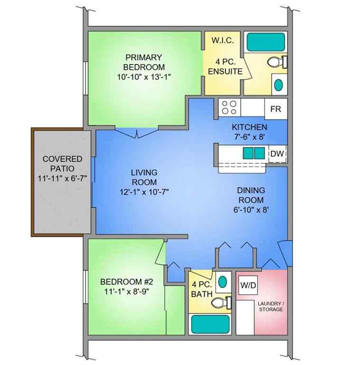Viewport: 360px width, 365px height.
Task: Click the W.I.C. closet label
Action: click(223, 40)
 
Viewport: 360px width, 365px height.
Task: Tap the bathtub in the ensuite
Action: click(265, 41)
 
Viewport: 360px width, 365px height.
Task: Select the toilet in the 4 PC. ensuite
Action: click(276, 62)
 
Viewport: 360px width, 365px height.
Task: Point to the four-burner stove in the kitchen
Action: click(229, 107)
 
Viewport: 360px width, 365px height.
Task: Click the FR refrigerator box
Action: click(275, 109)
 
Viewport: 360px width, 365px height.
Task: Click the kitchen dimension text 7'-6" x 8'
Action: click(249, 136)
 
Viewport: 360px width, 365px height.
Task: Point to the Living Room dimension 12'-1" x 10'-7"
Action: click(144, 192)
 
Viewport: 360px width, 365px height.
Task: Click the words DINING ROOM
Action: click(251, 195)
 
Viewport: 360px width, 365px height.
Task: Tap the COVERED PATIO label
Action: click(62, 163)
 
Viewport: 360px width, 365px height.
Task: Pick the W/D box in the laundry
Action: click(247, 287)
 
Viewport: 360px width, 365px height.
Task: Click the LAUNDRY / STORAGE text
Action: click(270, 306)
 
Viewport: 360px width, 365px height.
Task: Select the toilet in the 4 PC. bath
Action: click(218, 303)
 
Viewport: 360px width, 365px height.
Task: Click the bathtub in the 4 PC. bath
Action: click(210, 325)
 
